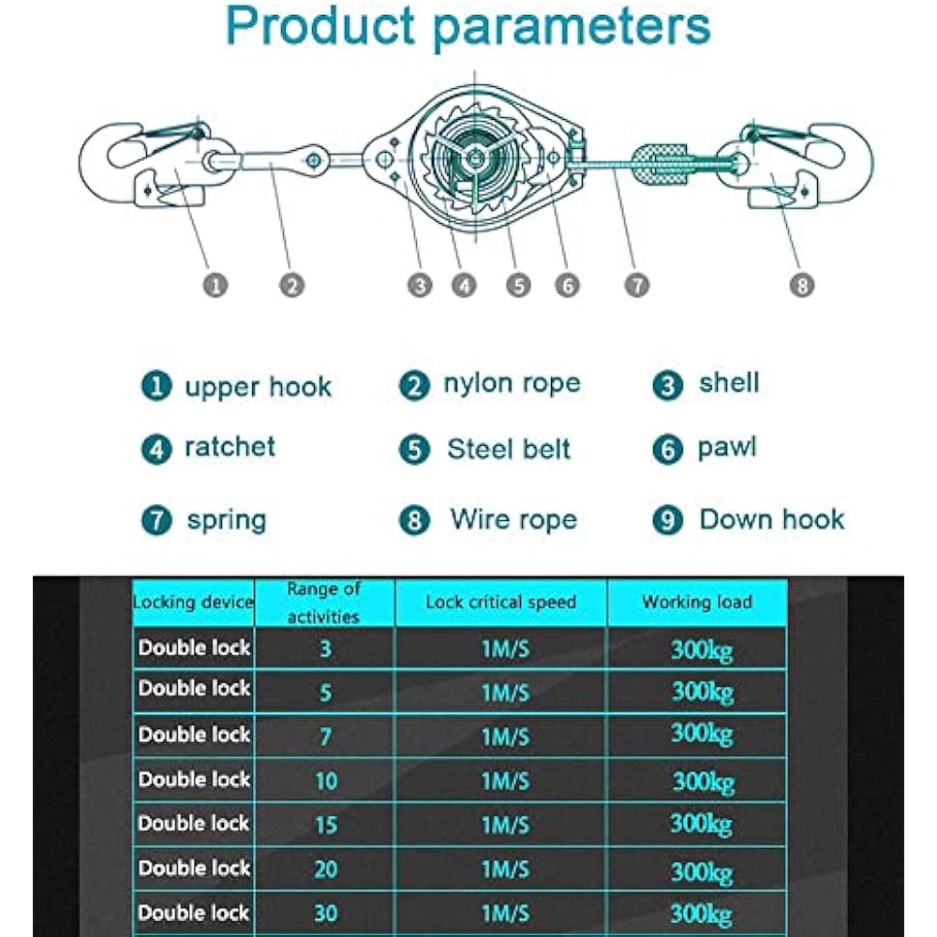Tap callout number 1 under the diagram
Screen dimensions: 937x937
(216, 285)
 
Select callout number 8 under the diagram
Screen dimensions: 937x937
(802, 285)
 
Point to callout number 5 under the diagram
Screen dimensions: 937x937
(518, 285)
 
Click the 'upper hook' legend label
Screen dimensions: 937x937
(258, 387)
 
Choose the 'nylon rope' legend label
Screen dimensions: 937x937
(512, 383)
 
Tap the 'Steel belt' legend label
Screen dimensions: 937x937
(509, 449)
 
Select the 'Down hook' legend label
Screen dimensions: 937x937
(772, 519)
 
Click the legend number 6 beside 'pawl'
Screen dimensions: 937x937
(667, 450)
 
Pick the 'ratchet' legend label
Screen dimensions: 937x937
(231, 447)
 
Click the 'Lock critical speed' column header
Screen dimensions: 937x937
(500, 602)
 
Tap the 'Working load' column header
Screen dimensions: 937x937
(697, 602)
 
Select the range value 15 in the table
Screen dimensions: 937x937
(325, 825)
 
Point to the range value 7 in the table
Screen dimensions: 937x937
(325, 736)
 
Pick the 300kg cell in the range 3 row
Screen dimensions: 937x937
(701, 648)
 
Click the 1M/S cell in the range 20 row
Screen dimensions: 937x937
(505, 870)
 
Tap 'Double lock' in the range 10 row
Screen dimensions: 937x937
(195, 780)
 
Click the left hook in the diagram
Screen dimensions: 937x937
(141, 164)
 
